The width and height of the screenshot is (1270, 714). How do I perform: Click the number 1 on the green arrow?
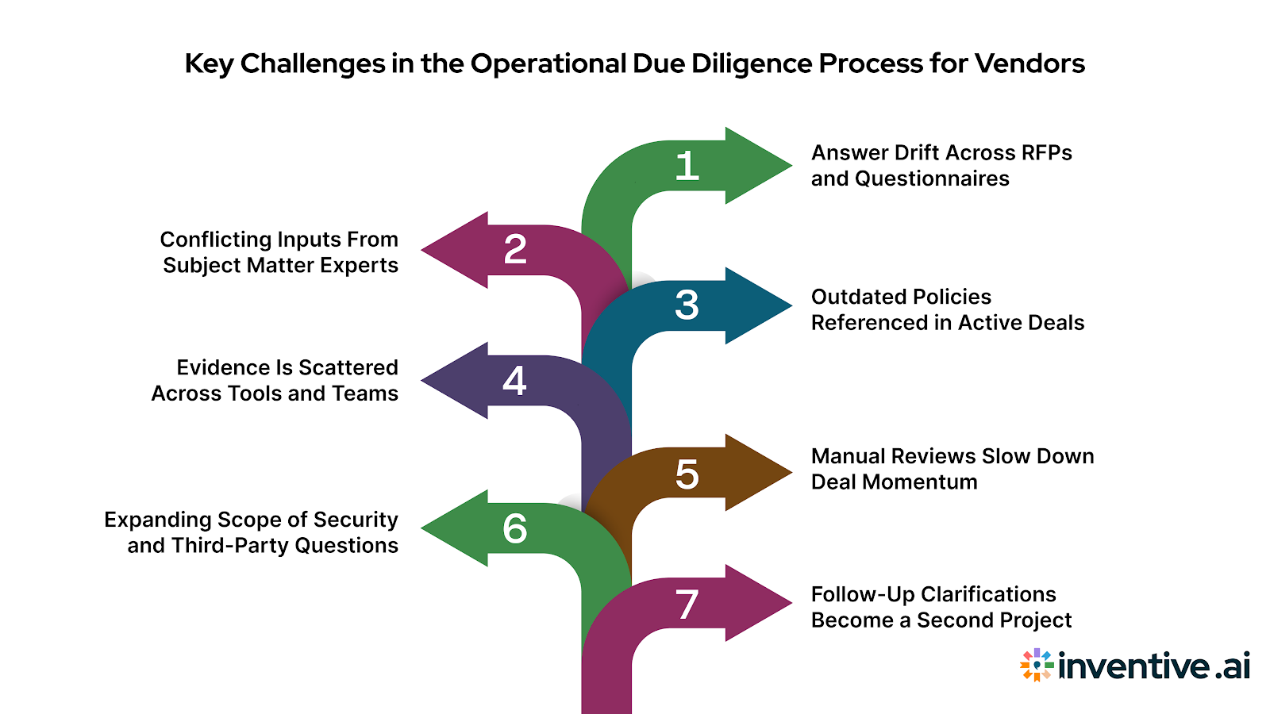687,167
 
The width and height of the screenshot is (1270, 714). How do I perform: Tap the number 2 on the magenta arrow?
515,250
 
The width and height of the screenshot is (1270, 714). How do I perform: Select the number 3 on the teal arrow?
687,305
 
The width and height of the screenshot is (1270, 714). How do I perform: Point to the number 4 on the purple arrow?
514,381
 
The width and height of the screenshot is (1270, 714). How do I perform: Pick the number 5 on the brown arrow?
687,474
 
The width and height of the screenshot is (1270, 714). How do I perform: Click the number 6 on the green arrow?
514,528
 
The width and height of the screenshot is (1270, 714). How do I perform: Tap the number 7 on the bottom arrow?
687,605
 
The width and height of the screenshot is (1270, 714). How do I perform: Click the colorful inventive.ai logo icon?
1037,665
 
